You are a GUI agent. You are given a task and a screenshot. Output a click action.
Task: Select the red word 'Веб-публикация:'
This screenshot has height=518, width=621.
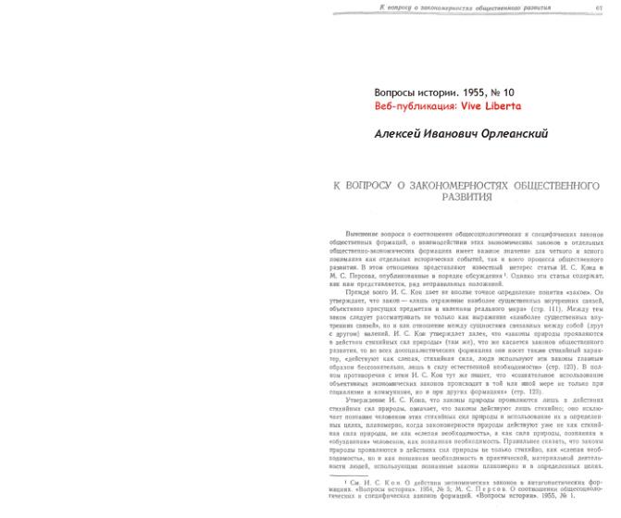(414, 106)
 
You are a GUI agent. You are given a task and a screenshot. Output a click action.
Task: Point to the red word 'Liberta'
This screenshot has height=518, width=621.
(504, 106)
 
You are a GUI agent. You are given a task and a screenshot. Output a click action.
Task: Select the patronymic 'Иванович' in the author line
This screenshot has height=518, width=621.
(458, 133)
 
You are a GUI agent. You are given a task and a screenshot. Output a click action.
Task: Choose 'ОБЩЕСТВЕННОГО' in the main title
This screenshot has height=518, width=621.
(553, 185)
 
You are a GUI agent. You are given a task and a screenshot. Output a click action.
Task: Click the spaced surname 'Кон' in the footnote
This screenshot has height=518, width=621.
(388, 483)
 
